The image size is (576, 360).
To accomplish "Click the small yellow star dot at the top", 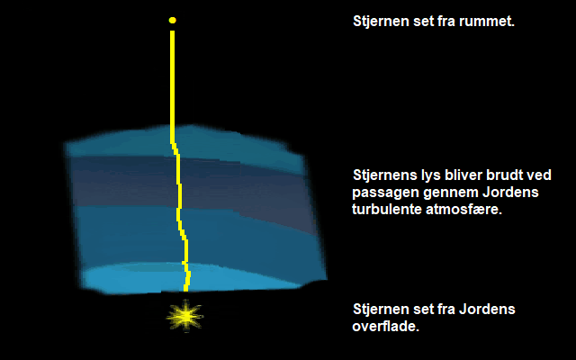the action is pos(172,20).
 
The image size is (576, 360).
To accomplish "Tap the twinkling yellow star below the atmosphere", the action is pos(184,316).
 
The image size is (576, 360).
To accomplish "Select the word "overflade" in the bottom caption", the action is pos(384,327).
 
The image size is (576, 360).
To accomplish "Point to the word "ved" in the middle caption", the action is pos(540,175).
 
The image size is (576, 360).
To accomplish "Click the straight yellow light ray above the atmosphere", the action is pos(172,86).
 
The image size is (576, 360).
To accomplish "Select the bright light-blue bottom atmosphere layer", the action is pos(191,278).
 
